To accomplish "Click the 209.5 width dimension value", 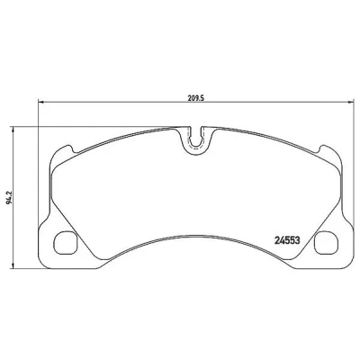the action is pyautogui.click(x=195, y=97).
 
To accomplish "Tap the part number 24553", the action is pyautogui.click(x=287, y=240).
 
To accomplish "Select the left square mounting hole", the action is pyautogui.click(x=66, y=243).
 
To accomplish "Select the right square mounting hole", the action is pyautogui.click(x=326, y=243).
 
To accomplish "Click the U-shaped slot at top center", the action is pyautogui.click(x=195, y=140).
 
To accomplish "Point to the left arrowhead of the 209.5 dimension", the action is pyautogui.click(x=41, y=103).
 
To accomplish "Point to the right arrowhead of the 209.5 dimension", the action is pyautogui.click(x=351, y=103).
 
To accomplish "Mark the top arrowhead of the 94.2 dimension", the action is pyautogui.click(x=13, y=130).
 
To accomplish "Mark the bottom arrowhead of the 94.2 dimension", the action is pyautogui.click(x=13, y=265).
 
